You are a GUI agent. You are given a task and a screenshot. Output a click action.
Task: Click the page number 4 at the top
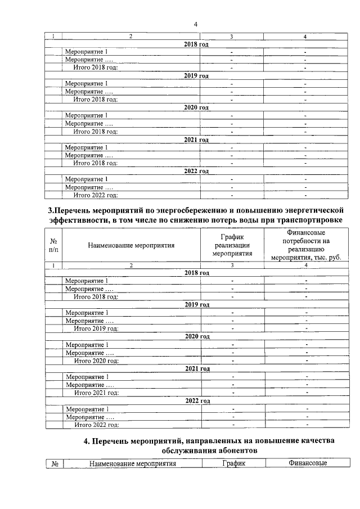pyautogui.click(x=195, y=24)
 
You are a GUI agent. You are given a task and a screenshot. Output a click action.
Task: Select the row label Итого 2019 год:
pyautogui.click(x=96, y=328)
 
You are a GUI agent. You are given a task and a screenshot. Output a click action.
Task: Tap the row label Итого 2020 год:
pyautogui.click(x=96, y=361)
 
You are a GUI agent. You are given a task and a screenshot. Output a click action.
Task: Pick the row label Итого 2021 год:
pyautogui.click(x=96, y=393)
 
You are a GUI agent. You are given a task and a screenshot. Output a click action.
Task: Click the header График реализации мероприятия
pyautogui.click(x=232, y=245)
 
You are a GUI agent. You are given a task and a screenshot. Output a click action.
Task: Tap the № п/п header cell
pyautogui.click(x=53, y=245)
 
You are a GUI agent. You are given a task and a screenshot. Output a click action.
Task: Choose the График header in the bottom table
pyautogui.click(x=232, y=463)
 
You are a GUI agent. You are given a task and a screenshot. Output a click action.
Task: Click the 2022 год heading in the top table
pyautogui.click(x=196, y=171)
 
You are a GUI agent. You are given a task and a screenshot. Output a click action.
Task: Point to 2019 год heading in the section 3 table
pyautogui.click(x=197, y=304)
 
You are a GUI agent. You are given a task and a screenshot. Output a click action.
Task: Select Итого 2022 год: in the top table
pyautogui.click(x=96, y=195)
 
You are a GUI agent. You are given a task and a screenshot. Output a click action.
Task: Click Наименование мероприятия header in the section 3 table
pyautogui.click(x=130, y=245)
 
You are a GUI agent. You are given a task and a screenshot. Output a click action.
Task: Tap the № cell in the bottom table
pyautogui.click(x=55, y=464)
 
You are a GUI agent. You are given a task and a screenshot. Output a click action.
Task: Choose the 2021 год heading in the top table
pyautogui.click(x=196, y=139)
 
